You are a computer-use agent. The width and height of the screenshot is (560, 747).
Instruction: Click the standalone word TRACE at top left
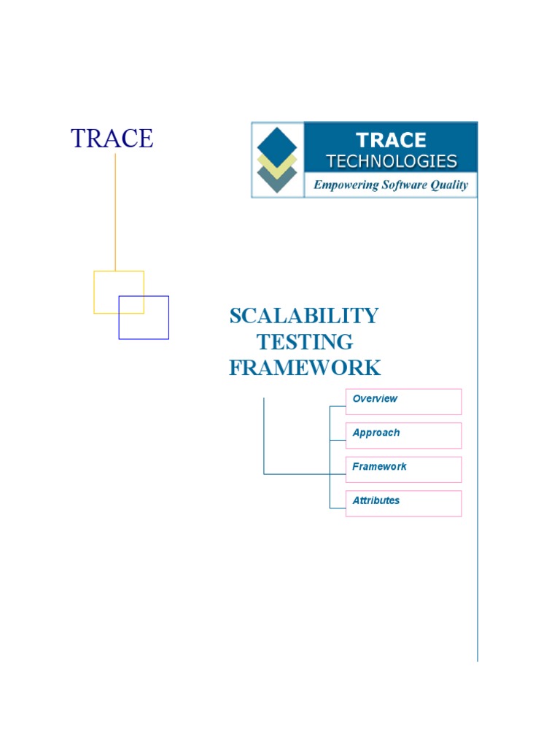112,138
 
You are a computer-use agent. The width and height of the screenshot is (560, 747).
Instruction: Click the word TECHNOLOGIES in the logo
392,161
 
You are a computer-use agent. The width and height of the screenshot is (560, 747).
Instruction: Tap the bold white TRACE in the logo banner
392,140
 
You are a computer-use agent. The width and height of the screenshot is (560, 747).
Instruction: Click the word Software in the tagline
405,185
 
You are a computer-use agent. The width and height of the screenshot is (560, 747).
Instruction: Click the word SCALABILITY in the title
304,316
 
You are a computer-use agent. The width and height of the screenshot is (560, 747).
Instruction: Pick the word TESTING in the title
305,341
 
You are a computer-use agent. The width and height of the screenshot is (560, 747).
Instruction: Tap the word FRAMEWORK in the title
305,368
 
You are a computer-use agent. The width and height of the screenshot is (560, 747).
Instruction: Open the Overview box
403,401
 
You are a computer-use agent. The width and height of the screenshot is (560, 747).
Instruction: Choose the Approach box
403,436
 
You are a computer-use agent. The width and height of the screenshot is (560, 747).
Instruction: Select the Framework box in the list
403,469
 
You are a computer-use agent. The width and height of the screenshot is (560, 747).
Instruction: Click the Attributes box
403,503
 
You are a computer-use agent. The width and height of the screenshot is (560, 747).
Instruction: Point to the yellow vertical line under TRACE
115,212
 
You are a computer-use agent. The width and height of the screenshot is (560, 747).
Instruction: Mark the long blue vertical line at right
478,438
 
